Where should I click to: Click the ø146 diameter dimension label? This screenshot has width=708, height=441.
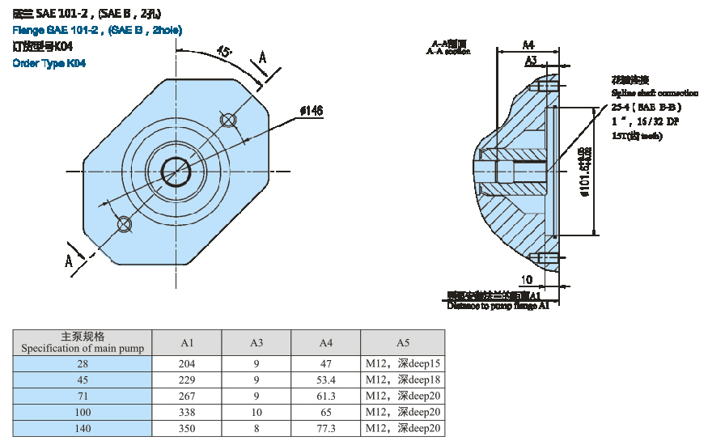[312, 111]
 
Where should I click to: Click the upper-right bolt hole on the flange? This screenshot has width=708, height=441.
[228, 121]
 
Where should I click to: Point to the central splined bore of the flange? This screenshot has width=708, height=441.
[176, 170]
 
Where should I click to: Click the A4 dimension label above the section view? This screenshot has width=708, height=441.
[528, 45]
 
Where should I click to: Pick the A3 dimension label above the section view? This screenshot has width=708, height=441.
[531, 61]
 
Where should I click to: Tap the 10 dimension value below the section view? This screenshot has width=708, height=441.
[527, 279]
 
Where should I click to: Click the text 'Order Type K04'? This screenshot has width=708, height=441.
[49, 63]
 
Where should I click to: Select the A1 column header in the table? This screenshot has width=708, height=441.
[187, 342]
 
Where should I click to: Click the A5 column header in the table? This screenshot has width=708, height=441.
[403, 342]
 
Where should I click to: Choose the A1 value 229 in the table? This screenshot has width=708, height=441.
[187, 380]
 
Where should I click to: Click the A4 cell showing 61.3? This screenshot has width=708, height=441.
[326, 396]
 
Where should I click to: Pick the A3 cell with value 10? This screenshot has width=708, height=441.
[256, 412]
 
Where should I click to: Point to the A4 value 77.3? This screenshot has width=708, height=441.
[326, 428]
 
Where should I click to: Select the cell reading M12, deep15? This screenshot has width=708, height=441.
[403, 363]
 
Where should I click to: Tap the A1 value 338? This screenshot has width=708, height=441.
[187, 412]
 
